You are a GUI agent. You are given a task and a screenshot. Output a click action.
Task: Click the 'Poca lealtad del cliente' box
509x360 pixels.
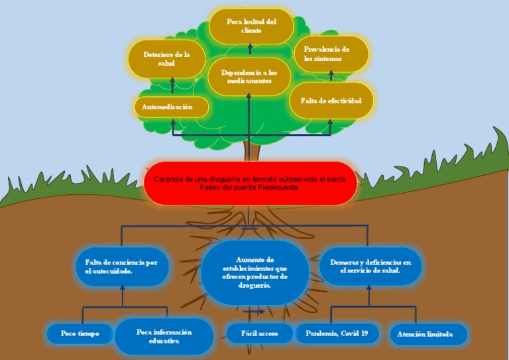coord(251,26)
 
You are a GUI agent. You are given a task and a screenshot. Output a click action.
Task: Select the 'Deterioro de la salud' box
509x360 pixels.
coord(166,59)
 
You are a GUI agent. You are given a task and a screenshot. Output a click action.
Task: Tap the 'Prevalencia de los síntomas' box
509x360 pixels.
coord(331,54)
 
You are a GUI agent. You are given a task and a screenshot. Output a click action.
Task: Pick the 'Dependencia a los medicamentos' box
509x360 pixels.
coord(249,76)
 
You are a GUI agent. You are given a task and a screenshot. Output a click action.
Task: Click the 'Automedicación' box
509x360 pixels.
coord(172,107)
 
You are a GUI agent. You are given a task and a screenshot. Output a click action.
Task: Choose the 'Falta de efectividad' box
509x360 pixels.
coord(331,101)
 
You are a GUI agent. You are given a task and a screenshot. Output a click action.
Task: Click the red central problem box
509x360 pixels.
coord(251,183)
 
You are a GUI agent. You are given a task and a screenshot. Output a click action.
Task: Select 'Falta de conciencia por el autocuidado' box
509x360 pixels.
coord(122,267)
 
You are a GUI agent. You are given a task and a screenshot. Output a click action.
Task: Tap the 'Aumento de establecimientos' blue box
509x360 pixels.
coord(254,272)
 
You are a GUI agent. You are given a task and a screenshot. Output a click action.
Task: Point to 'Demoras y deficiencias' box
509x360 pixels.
coord(370,266)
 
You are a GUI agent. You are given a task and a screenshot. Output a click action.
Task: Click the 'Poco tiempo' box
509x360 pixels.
coord(80,333)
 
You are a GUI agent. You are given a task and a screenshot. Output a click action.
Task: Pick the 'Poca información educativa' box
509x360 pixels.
coord(164,336)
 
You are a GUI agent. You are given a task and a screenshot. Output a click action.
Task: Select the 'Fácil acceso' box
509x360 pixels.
coord(259,333)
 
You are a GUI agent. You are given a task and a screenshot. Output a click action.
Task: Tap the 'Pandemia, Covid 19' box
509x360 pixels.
coord(337,333)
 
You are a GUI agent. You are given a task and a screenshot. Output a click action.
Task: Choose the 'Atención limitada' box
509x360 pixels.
coord(428,334)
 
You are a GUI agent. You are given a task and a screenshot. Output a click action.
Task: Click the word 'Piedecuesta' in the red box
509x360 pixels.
coord(281,188)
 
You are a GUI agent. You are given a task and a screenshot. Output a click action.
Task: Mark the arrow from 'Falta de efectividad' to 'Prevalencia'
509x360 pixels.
coord(330,77)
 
